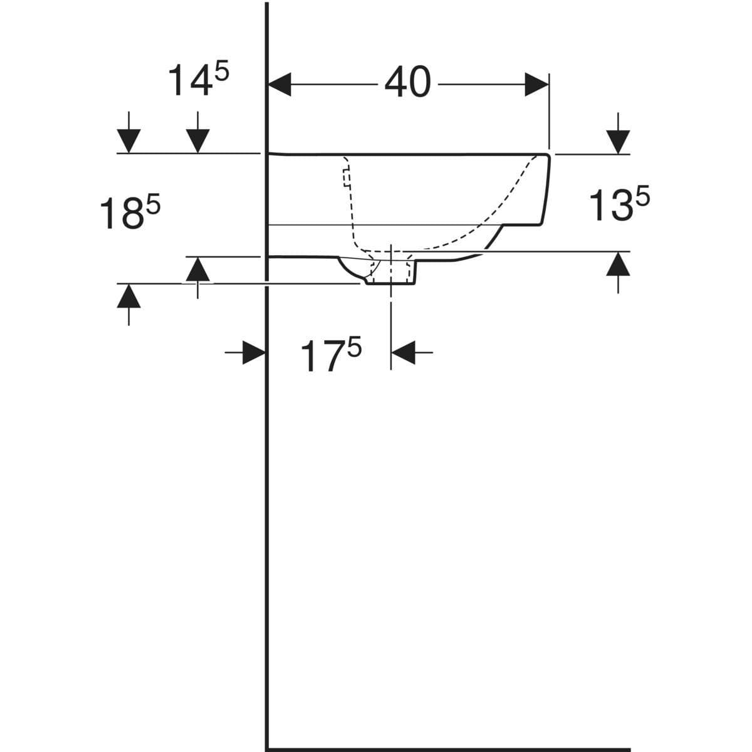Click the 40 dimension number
point(408,82)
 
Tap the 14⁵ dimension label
point(198,80)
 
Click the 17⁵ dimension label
point(331,355)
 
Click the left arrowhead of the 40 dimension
point(279,85)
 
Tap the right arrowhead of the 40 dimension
point(536,85)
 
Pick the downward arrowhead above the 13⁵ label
point(618,142)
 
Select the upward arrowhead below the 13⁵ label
point(618,264)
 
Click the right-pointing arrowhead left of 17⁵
point(254,352)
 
